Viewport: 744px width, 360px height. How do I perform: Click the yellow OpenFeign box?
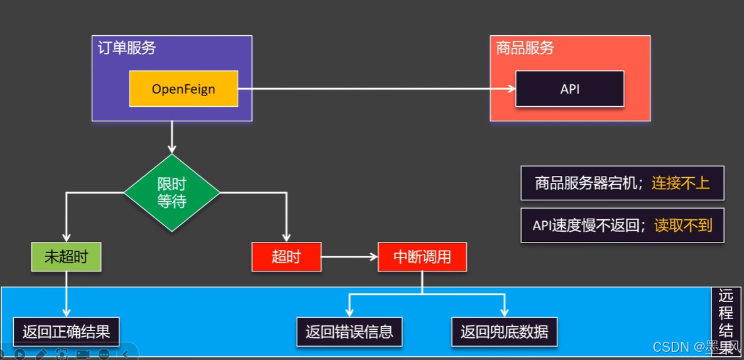(x=183, y=89)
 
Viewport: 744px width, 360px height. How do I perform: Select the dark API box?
(x=569, y=89)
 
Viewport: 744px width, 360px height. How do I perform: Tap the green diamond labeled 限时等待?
(x=172, y=193)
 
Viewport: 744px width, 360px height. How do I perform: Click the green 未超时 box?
(x=66, y=257)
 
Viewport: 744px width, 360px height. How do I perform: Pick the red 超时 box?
(x=286, y=257)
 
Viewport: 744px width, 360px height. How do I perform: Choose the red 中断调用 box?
(x=422, y=257)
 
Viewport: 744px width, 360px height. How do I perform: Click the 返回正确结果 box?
(x=66, y=332)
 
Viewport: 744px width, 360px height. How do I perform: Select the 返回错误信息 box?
(x=349, y=332)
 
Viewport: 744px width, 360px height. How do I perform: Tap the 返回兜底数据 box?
(x=504, y=332)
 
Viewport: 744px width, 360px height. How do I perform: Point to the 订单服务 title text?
(x=127, y=48)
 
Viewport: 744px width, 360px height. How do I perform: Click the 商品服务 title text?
(x=525, y=48)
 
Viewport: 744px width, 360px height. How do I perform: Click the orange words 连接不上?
(x=681, y=183)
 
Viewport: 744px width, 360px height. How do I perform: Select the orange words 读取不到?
(x=683, y=225)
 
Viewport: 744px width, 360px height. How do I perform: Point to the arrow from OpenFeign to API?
(x=377, y=89)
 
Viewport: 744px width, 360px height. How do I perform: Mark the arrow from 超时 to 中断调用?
(x=349, y=257)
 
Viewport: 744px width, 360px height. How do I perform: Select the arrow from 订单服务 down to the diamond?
(x=172, y=137)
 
